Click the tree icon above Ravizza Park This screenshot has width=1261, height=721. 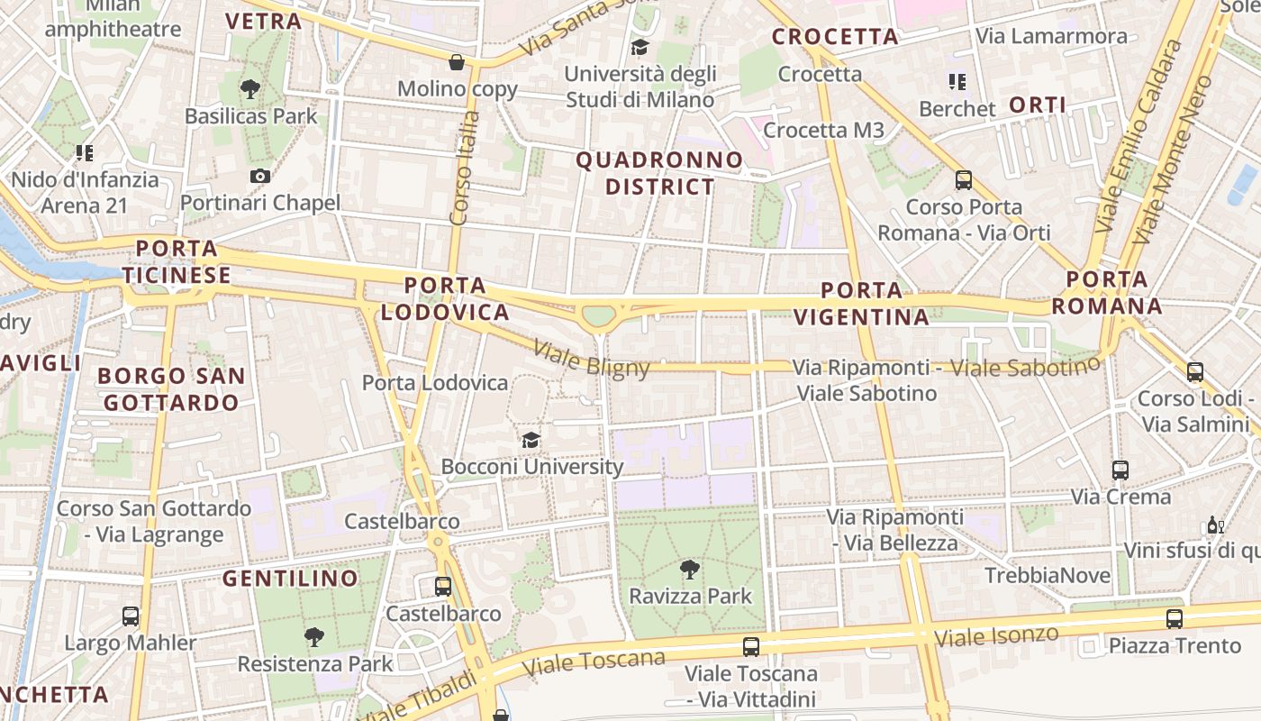690,570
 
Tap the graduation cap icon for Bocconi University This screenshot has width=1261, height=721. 531,440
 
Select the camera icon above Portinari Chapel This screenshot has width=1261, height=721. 260,176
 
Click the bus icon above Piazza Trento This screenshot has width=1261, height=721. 1175,619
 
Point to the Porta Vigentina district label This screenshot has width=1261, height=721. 862,304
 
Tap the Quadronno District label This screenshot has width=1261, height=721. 659,174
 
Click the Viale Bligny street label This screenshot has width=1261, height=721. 591,358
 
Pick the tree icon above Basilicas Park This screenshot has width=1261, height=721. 250,89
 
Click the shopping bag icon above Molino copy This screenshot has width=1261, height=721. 457,62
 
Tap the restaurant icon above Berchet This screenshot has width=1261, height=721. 957,83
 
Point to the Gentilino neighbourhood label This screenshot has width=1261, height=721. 290,579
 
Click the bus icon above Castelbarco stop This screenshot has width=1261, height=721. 443,587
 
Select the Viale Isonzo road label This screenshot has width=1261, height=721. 996,636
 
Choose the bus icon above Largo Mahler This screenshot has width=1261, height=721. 131,616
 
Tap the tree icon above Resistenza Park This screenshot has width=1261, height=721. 314,637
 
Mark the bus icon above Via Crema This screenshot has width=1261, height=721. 1120,470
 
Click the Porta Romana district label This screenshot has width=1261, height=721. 1107,292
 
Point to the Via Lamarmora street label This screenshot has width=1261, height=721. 1051,36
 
